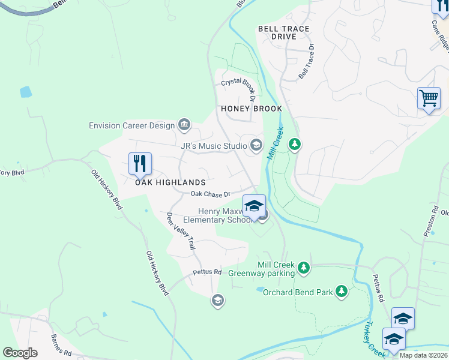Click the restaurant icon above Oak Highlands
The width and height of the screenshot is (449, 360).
[140, 163]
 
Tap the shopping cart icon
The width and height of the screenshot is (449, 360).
[429, 98]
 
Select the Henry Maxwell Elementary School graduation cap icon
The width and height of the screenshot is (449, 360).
[254, 206]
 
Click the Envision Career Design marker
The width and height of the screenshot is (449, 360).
[184, 125]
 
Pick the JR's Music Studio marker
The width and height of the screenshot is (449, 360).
[256, 145]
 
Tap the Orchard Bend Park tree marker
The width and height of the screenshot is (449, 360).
[342, 292]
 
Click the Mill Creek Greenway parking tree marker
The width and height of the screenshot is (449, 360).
[304, 268]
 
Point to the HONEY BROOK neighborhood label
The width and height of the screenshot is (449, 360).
[252, 109]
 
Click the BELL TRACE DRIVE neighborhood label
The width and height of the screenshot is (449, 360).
[284, 32]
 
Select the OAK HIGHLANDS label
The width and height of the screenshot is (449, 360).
[170, 182]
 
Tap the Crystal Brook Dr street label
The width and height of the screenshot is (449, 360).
[239, 87]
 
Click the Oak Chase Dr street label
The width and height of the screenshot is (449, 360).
[211, 194]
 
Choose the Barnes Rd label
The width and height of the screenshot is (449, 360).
[61, 345]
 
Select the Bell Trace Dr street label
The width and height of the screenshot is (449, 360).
[307, 61]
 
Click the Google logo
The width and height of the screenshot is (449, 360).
[20, 353]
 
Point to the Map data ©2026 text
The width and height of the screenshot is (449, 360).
[423, 355]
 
